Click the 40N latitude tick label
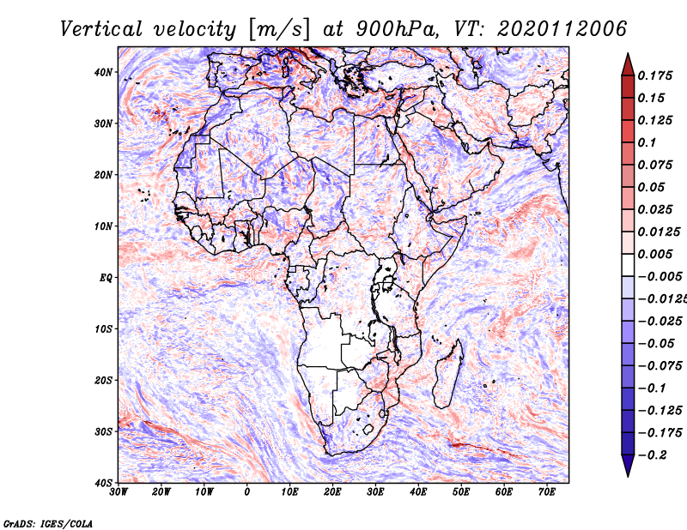point(103,72)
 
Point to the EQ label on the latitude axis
point(106,278)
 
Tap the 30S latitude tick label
point(103,431)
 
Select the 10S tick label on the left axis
point(103,328)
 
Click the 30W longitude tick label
point(119,492)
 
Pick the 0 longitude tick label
point(247,492)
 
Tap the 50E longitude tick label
point(461,492)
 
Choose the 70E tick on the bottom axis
point(547,492)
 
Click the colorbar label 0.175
point(655,75)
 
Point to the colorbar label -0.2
point(652,455)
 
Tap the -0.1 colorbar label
point(652,388)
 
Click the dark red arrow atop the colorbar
point(628,65)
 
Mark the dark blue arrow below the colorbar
point(628,466)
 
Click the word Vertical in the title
point(101,29)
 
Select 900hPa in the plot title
point(397,29)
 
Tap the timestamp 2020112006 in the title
point(562,29)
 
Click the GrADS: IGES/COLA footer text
point(48,524)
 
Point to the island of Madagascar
point(449,373)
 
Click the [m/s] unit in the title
point(279,30)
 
